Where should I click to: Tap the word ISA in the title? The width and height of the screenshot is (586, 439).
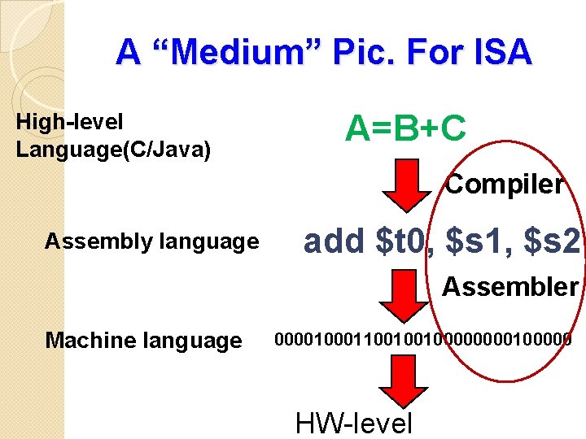tap(498, 52)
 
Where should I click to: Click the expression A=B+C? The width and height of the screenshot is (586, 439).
tap(405, 128)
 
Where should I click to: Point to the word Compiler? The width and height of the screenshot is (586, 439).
tap(504, 185)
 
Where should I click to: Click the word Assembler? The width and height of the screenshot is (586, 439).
tap(510, 286)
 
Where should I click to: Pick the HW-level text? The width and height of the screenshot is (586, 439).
tap(354, 423)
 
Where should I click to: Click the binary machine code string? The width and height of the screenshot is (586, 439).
tap(422, 338)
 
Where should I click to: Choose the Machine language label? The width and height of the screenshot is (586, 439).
tap(144, 340)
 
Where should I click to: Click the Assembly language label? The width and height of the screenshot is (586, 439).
tap(151, 241)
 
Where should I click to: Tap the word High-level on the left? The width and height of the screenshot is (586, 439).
tap(70, 122)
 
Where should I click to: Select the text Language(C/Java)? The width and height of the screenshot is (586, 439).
tap(113, 150)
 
